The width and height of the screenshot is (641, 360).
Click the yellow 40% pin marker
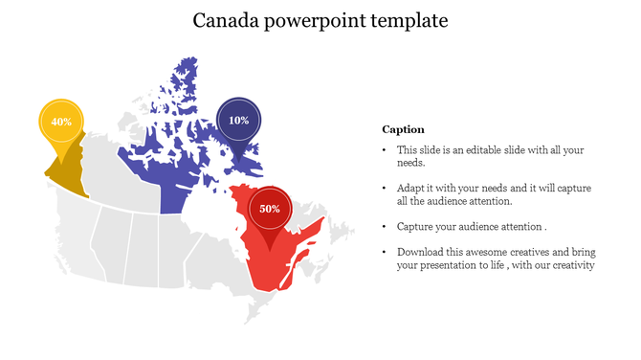pos(61,123)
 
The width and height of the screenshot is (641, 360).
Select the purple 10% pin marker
pos(238,121)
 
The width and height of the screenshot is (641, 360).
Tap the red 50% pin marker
pos(269,208)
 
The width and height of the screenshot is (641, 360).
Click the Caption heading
pos(403,129)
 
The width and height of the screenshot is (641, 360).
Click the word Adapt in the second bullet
pos(411,189)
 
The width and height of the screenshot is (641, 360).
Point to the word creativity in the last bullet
pos(571,265)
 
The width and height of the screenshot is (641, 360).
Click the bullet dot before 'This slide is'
pos(385,150)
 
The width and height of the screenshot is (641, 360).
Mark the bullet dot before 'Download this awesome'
pos(385,252)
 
